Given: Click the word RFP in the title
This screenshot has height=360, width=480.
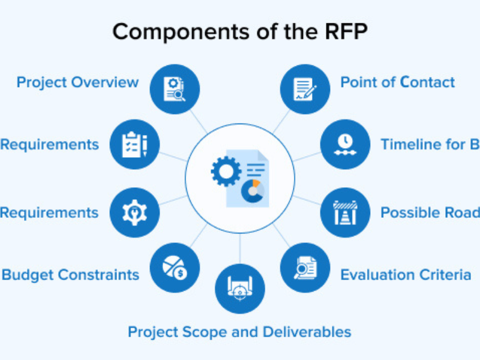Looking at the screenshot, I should coord(347,32).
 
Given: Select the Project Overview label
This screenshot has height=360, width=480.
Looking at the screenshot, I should coord(77,82).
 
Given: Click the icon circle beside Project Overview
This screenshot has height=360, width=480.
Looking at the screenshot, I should coord(174,89).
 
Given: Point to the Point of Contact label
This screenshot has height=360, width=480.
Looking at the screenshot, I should coord(398,82).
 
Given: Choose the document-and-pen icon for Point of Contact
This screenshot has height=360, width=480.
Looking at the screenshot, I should coord(305,89).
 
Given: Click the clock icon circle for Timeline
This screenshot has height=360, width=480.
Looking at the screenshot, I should coord(344,144).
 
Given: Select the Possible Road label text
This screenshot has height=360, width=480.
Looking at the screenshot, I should coord(430,212).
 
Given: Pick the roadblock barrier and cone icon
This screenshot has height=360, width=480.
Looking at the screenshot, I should coord(344,212).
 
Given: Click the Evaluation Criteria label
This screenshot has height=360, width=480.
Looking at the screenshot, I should coord(406,275).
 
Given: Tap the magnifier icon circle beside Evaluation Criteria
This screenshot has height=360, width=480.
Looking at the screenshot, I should coord(305,268).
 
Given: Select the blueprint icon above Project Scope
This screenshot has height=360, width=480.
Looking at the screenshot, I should coord(239,289).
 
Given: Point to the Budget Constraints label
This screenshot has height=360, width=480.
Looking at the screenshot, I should coord(70,275).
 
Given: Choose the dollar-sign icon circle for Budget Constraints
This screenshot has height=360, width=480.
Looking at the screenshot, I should coord(174,268).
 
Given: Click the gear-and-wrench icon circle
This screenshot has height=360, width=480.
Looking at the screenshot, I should coord(134,212).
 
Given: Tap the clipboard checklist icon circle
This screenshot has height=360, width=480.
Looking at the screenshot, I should coord(134,144).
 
